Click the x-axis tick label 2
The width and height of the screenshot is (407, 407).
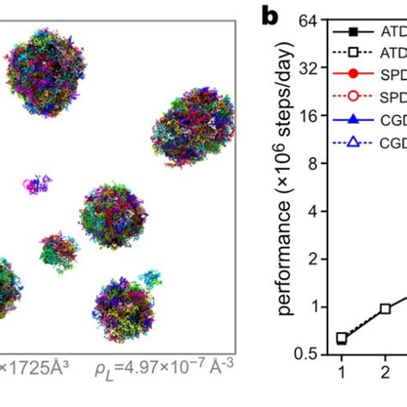pos(385,373)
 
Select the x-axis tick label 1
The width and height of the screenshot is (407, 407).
pos(341,373)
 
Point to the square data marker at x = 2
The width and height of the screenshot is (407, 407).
pos(385,308)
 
